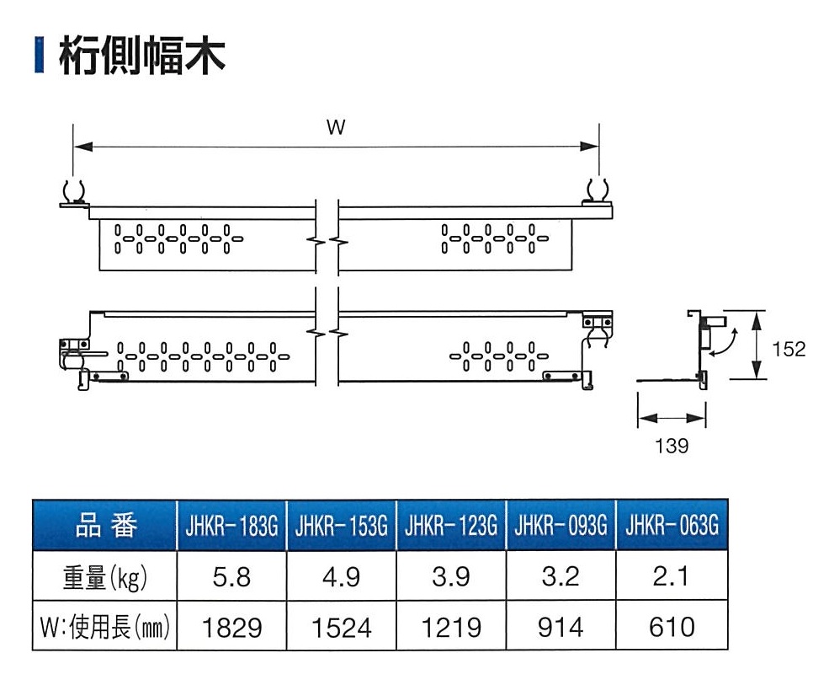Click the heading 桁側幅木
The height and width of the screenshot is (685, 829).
coord(141,56)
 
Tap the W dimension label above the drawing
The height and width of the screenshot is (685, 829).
coord(336,128)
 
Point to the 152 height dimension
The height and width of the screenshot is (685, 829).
coord(789,348)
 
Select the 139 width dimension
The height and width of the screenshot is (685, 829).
coord(671,446)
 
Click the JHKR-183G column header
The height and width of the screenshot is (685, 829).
coord(231,527)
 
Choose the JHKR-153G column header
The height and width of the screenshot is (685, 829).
coord(342,527)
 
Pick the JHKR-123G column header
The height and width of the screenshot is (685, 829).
coord(451,527)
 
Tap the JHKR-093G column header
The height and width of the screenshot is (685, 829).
coord(561,527)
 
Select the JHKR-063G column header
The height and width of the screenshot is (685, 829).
coord(672,527)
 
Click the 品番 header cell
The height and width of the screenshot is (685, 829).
coord(105,527)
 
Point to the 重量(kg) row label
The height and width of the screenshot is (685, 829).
coord(105,577)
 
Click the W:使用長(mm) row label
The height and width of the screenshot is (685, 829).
coord(105,627)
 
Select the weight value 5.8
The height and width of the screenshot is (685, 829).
coord(231,577)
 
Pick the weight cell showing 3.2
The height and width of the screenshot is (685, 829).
coord(561,577)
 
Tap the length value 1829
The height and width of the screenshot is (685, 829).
coord(231,627)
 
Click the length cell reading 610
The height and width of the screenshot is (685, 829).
coord(672,627)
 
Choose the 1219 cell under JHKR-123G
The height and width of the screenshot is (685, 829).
coord(451,627)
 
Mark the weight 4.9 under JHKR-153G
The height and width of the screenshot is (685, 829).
coord(342,577)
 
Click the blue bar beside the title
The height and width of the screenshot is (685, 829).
coord(38,56)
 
